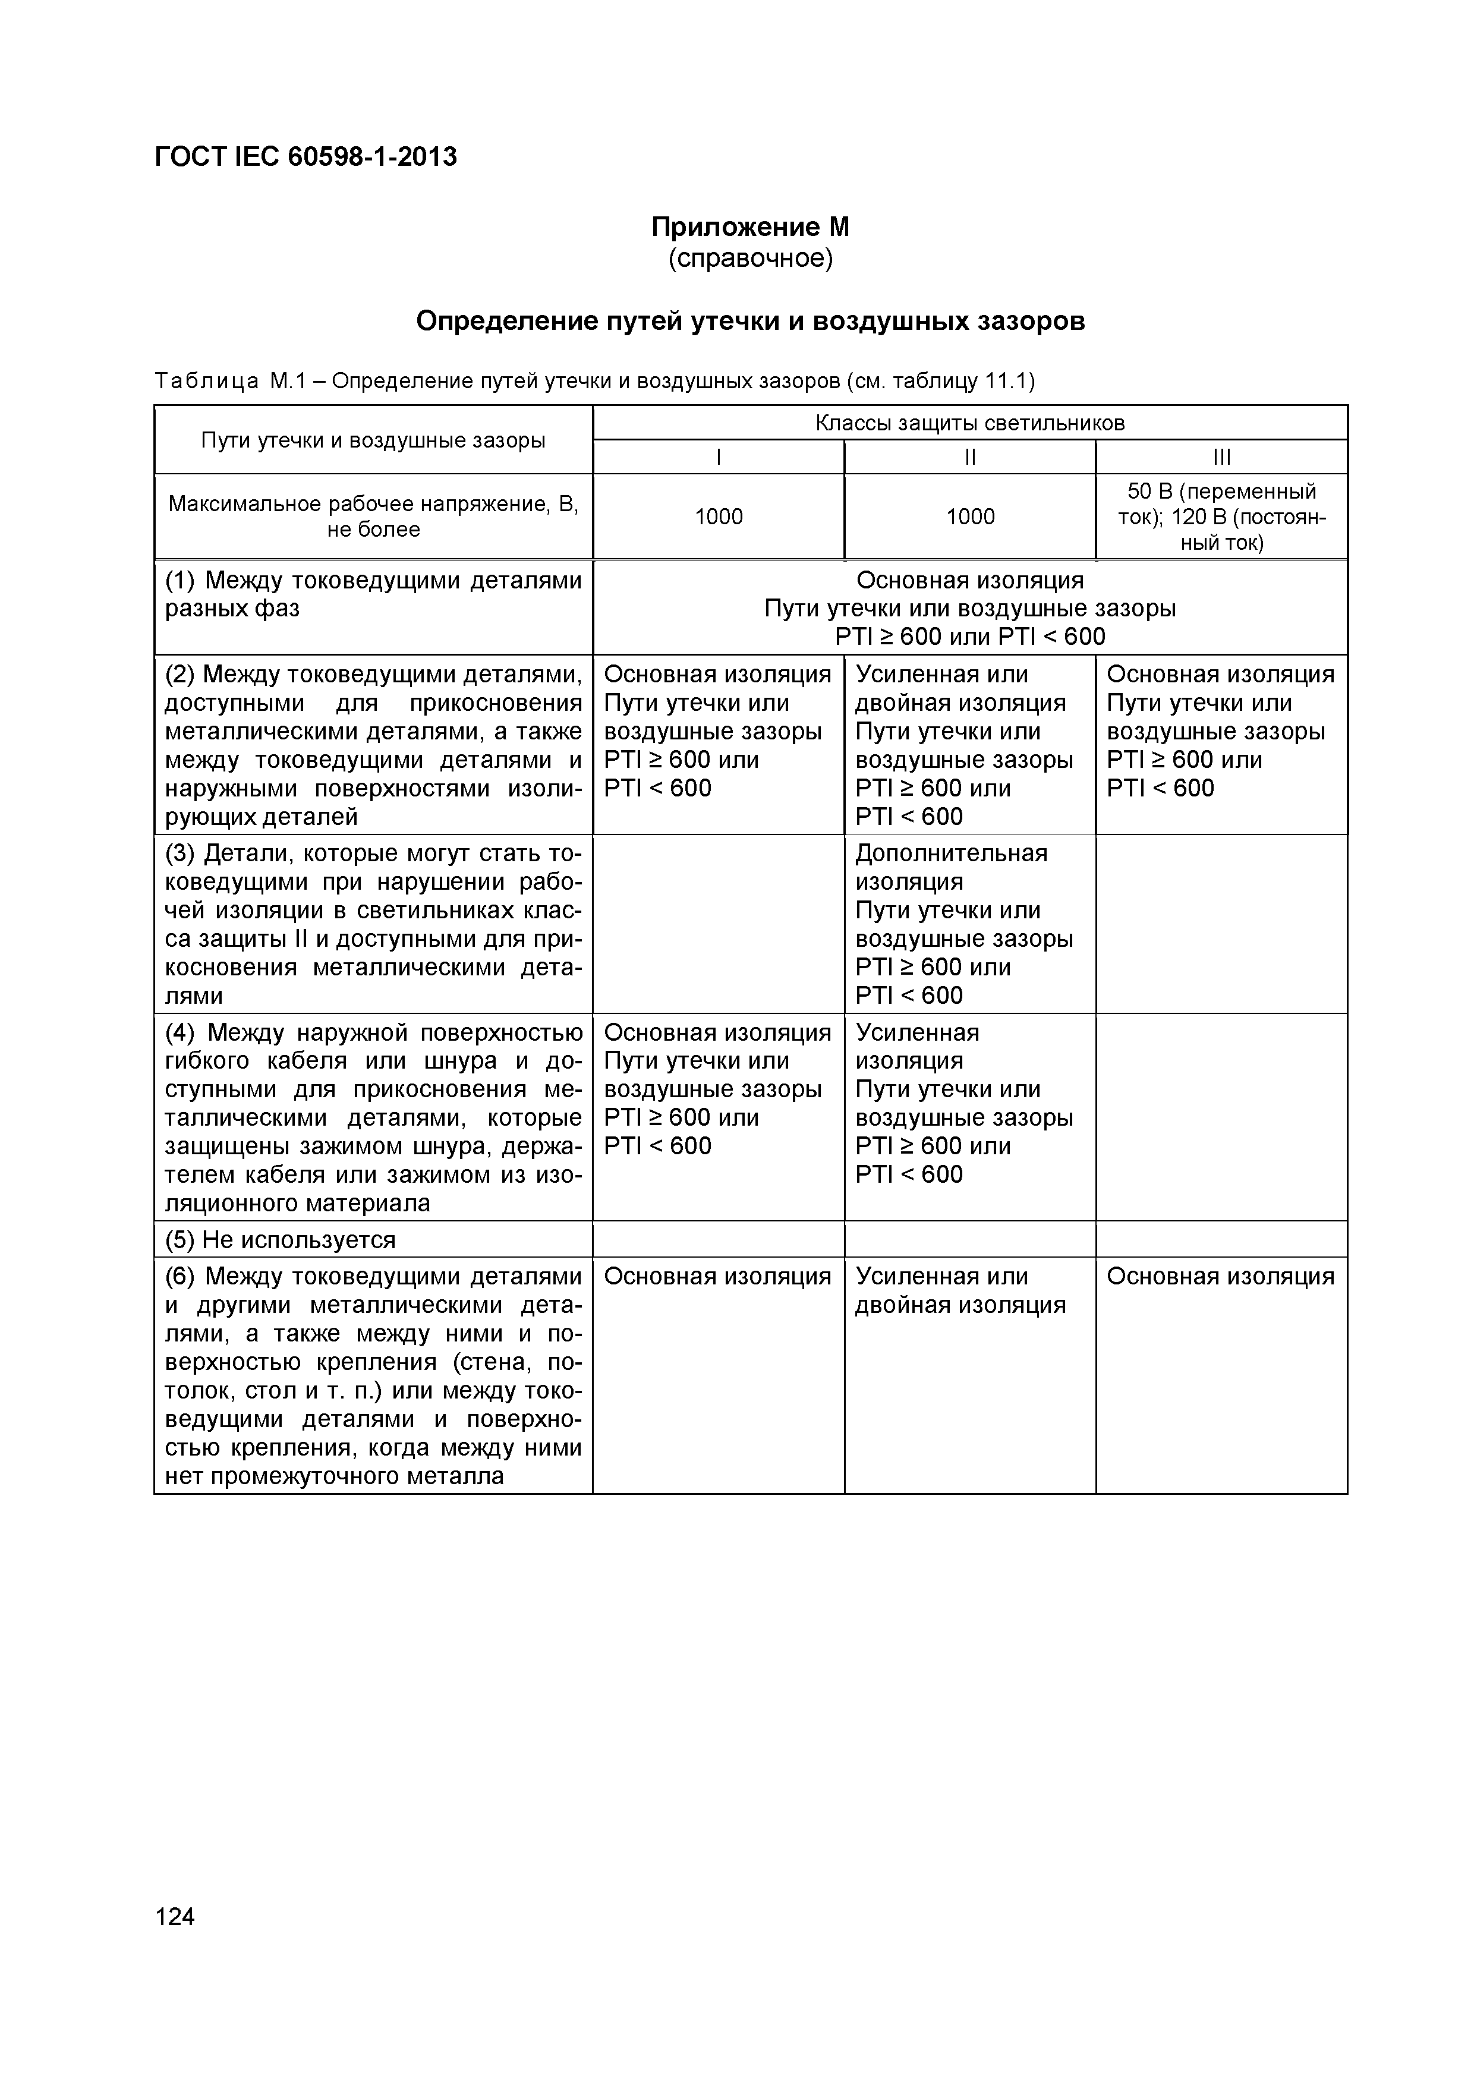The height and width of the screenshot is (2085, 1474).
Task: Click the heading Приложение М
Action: tap(750, 226)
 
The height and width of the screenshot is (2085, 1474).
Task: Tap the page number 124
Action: tap(175, 1916)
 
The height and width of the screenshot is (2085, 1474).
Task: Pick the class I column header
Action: tap(719, 458)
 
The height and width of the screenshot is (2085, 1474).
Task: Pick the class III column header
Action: tap(1221, 458)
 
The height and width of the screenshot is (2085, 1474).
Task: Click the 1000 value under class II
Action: tap(970, 516)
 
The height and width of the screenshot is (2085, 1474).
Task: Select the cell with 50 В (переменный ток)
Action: tap(1221, 516)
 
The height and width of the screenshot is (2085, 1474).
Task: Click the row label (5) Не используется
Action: tap(280, 1240)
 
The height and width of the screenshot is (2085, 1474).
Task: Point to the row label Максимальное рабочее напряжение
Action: tap(373, 516)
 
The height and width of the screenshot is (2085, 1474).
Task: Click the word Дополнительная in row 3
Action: tap(951, 853)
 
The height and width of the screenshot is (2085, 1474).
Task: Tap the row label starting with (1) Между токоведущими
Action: tap(373, 594)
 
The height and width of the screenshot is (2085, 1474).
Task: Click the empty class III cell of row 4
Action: tap(1221, 1117)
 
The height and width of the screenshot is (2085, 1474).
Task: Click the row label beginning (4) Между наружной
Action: tap(373, 1117)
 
